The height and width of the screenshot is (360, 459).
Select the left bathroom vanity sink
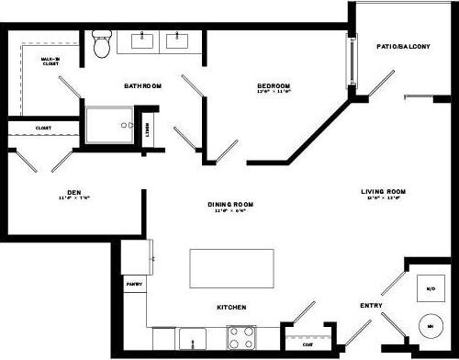145,40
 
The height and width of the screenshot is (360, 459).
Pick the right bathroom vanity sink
175,40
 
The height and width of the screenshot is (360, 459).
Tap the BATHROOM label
143,85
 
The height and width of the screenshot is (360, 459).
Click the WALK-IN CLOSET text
50,62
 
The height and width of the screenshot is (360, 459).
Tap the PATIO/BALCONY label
403,46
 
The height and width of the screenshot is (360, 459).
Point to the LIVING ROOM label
386,192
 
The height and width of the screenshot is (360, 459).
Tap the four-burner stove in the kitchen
241,338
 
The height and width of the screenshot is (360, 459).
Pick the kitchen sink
195,338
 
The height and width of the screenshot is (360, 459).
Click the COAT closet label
308,345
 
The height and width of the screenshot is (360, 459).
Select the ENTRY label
371,305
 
